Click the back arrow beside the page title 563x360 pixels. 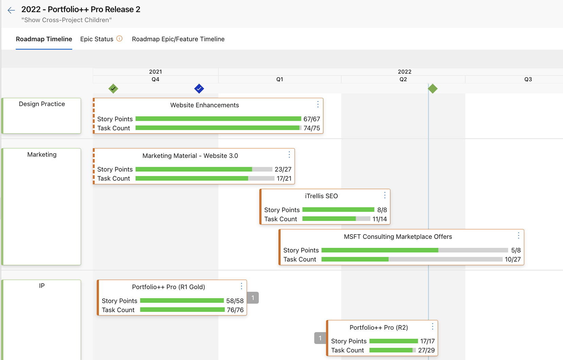pyautogui.click(x=11, y=10)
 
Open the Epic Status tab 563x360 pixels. pyautogui.click(x=97, y=39)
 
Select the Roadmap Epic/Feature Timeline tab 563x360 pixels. pyautogui.click(x=178, y=39)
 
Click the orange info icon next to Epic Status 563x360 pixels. pyautogui.click(x=119, y=38)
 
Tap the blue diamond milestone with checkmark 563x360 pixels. pyautogui.click(x=199, y=88)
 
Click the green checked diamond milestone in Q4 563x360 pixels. pyautogui.click(x=113, y=88)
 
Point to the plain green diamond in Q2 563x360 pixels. pyautogui.click(x=433, y=88)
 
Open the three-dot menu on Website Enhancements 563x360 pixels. pyautogui.click(x=318, y=104)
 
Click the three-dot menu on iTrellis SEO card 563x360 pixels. pyautogui.click(x=385, y=195)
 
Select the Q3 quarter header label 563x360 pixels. pyautogui.click(x=528, y=80)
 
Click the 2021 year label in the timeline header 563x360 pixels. pyautogui.click(x=155, y=72)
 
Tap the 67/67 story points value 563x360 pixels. pyautogui.click(x=312, y=119)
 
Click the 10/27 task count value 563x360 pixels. pyautogui.click(x=513, y=259)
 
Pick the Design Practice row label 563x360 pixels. pyautogui.click(x=42, y=104)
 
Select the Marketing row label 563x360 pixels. pyautogui.click(x=42, y=154)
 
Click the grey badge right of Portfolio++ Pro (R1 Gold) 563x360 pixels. pyautogui.click(x=253, y=298)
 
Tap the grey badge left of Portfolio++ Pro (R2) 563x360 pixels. pyautogui.click(x=320, y=338)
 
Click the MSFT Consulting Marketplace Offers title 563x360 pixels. pyautogui.click(x=398, y=236)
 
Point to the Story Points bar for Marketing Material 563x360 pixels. pyautogui.click(x=204, y=169)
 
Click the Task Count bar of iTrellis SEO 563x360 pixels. pyautogui.click(x=336, y=219)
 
